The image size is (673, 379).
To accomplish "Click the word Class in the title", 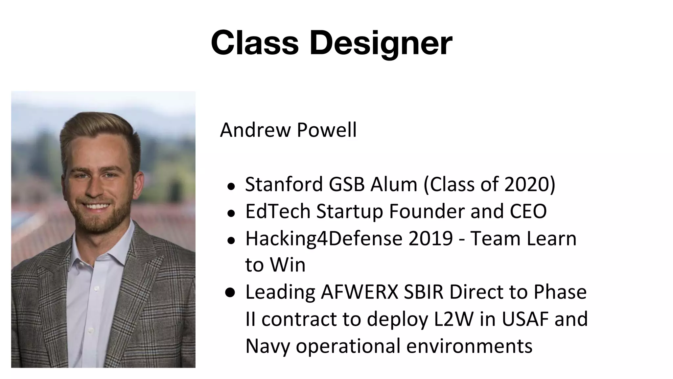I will [255, 43].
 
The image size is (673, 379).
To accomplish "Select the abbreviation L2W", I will [453, 319].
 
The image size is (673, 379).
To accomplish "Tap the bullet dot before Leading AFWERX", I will [231, 292].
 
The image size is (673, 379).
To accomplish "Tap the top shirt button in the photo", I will [96, 289].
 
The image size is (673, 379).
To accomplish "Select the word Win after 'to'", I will [288, 265].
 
